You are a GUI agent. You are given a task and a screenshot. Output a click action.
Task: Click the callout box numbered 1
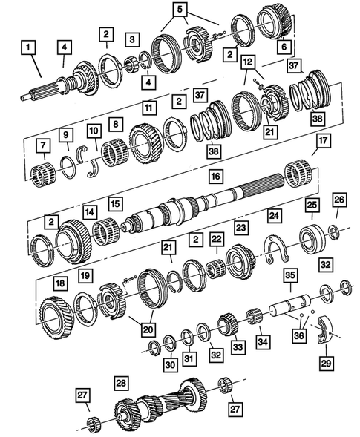point(28,50)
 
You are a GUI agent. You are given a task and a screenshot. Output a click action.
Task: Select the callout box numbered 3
point(132,38)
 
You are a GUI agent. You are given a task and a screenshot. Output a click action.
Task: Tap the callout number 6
point(282,46)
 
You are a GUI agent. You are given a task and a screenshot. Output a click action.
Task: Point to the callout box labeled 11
point(148,108)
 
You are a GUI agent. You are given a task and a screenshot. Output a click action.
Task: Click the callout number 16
point(215,176)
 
